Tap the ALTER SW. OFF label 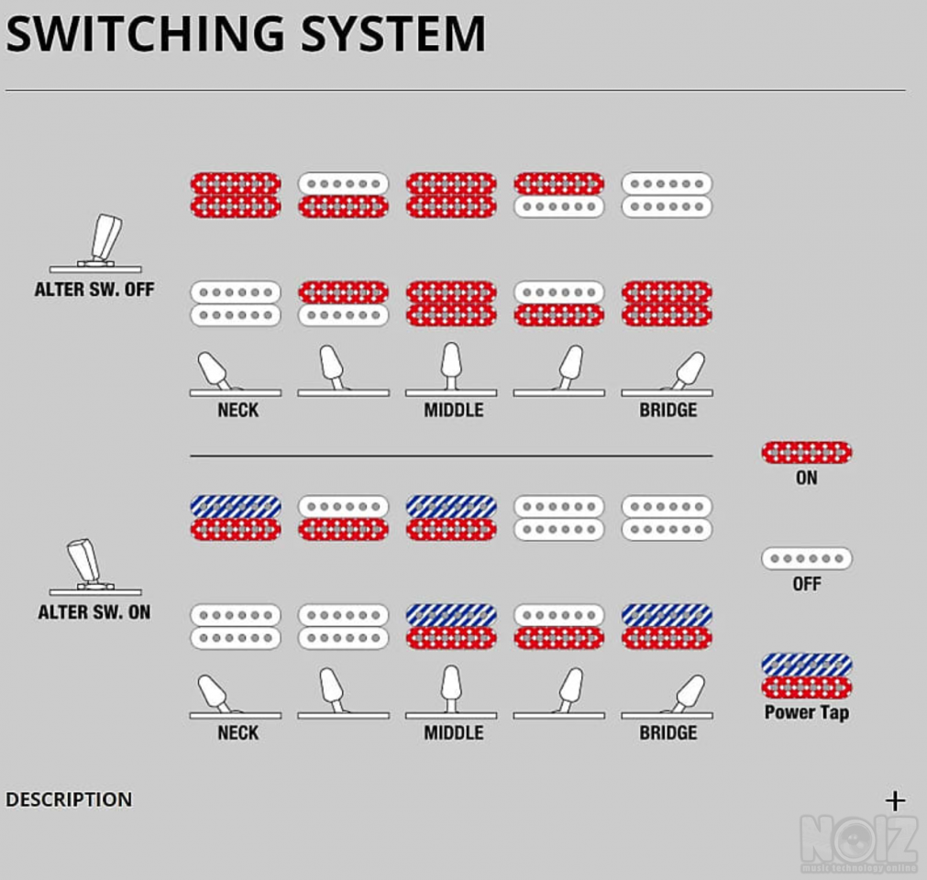[x=94, y=290]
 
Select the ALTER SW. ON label [x=94, y=612]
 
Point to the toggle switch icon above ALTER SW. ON [x=87, y=565]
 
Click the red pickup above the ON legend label [x=806, y=452]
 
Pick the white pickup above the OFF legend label [x=806, y=558]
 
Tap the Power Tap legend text [x=806, y=712]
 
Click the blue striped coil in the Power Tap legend [x=806, y=665]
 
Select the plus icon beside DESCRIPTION [x=895, y=800]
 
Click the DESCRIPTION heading [x=69, y=799]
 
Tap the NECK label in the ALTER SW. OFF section [x=237, y=410]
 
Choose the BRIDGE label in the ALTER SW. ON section [x=668, y=732]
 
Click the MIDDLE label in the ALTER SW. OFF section [x=453, y=410]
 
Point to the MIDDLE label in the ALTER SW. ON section [x=453, y=732]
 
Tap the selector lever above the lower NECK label [x=215, y=693]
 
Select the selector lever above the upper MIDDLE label [x=450, y=365]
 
